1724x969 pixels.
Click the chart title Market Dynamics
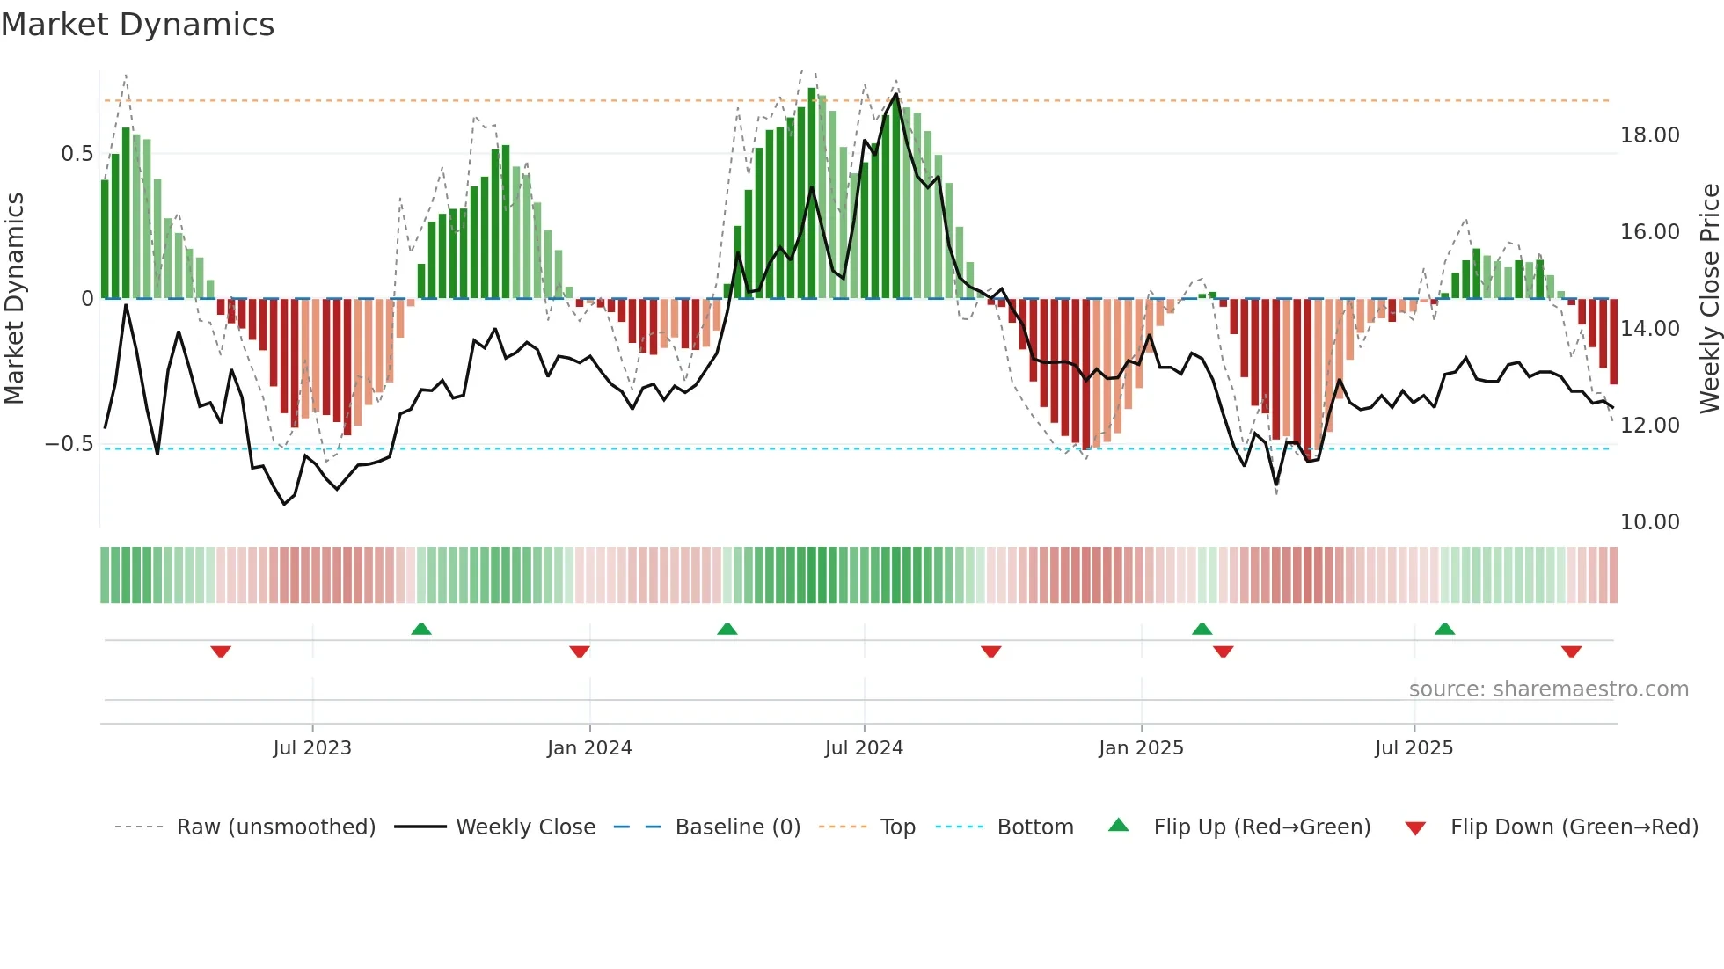tap(137, 25)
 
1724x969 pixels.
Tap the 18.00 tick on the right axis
tap(1649, 135)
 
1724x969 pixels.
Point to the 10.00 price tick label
tap(1649, 522)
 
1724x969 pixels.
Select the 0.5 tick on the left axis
tap(77, 154)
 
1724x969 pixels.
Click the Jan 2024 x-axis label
tap(589, 748)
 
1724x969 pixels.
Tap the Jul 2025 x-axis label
tap(1414, 748)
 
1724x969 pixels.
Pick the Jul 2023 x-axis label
tap(312, 748)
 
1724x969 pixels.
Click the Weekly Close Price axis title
tap(1709, 299)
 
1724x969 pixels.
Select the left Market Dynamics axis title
tap(14, 299)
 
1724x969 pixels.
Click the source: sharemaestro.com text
tap(1548, 689)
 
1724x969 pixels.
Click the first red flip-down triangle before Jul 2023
tap(221, 652)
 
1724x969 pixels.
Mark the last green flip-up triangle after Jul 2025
tap(1444, 629)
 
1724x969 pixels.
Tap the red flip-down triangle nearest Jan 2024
tap(579, 652)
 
